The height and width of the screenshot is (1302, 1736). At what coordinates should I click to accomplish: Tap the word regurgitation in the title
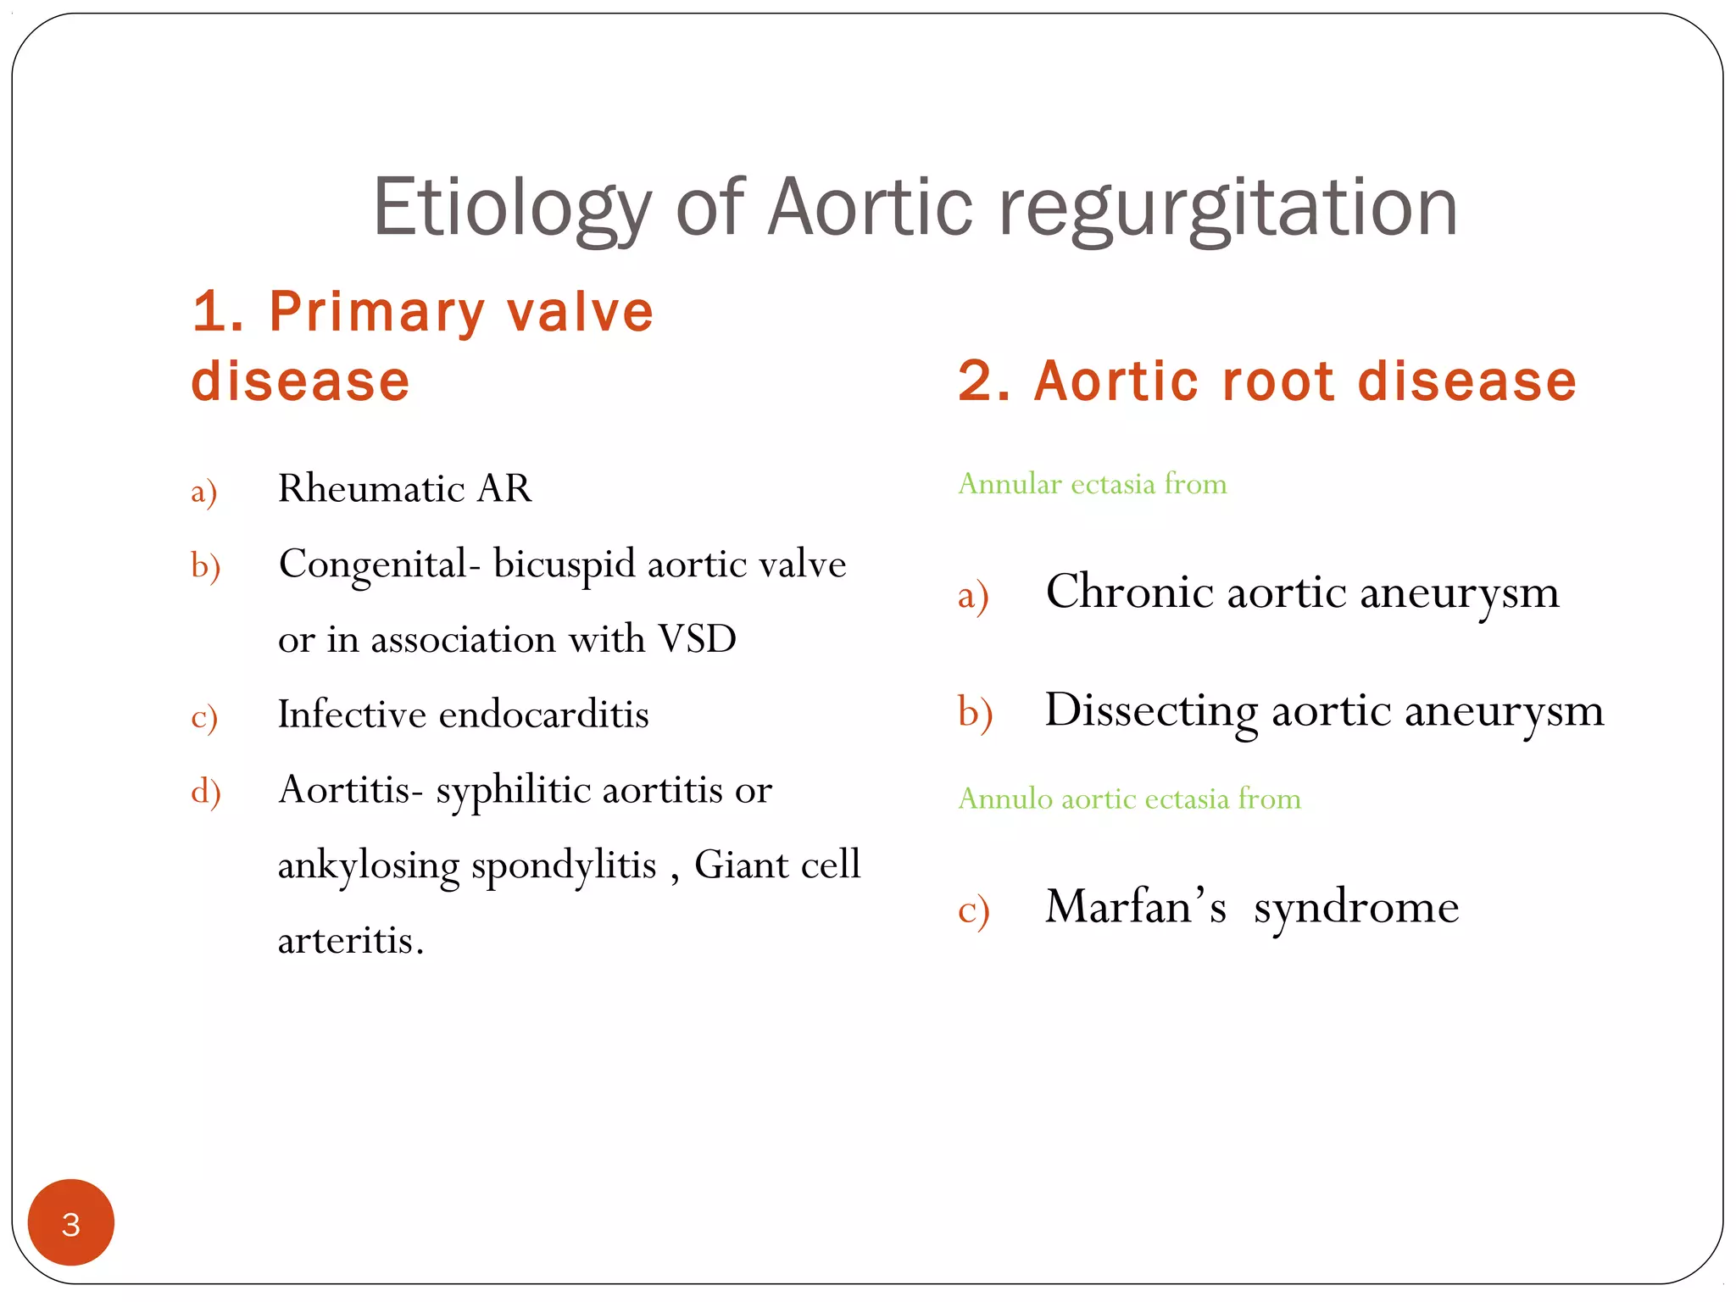click(x=1228, y=208)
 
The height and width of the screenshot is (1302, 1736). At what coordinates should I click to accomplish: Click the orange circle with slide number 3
click(x=71, y=1222)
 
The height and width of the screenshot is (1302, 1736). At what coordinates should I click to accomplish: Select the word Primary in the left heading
click(x=376, y=312)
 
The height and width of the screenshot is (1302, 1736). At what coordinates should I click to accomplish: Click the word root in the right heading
click(x=1279, y=381)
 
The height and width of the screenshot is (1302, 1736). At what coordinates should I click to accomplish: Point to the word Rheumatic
click(x=370, y=488)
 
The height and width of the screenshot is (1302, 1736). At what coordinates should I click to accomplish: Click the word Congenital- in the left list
click(x=373, y=565)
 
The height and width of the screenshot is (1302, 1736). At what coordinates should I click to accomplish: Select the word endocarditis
click(x=543, y=715)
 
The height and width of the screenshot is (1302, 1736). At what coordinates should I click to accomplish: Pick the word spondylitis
click(x=564, y=865)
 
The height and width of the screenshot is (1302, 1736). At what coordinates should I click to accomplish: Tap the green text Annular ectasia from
click(x=1092, y=484)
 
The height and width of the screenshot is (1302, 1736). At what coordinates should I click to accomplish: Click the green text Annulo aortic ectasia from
click(x=1129, y=798)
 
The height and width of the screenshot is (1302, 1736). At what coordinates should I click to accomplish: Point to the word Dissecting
click(x=1150, y=710)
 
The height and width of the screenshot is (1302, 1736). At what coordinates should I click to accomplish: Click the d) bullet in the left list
click(x=205, y=791)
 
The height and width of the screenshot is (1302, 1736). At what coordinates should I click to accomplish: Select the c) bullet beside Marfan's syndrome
click(x=973, y=910)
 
